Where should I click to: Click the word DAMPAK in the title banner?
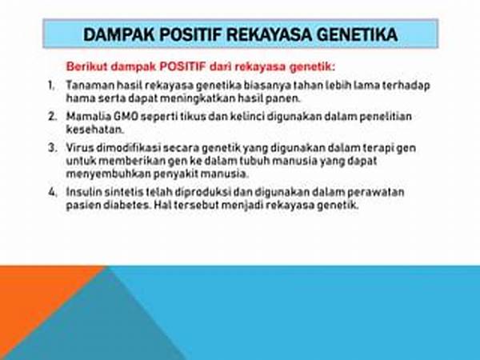tap(118, 34)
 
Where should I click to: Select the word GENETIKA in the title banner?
tap(357, 34)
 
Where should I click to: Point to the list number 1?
tap(51, 85)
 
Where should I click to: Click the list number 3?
tap(52, 148)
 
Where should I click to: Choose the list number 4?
tap(52, 192)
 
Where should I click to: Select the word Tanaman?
tap(90, 85)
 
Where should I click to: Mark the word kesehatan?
tap(95, 130)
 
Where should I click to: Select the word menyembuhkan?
tap(108, 174)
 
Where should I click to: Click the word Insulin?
tap(84, 192)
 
